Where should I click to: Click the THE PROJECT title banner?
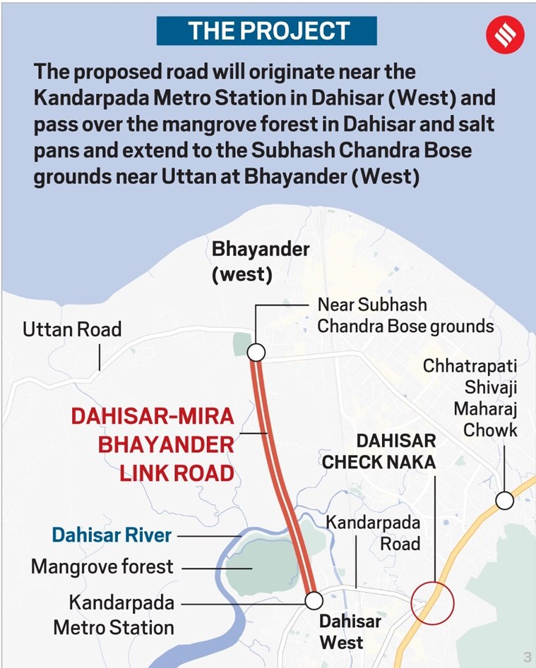(x=268, y=30)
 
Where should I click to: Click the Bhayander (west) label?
(x=242, y=262)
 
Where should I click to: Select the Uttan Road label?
(x=72, y=329)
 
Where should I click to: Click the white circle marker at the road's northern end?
(x=256, y=351)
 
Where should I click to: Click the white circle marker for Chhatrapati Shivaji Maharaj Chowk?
(x=504, y=500)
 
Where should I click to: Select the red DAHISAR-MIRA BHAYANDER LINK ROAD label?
(x=153, y=444)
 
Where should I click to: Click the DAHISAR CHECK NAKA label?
(x=379, y=451)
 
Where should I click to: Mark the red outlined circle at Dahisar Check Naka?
(x=433, y=602)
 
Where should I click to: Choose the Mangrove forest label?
(x=102, y=566)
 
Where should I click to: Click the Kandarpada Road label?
(x=372, y=533)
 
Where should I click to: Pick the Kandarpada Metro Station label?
(x=121, y=615)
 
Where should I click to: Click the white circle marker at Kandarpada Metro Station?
(x=314, y=600)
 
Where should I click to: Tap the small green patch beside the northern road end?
(x=240, y=345)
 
